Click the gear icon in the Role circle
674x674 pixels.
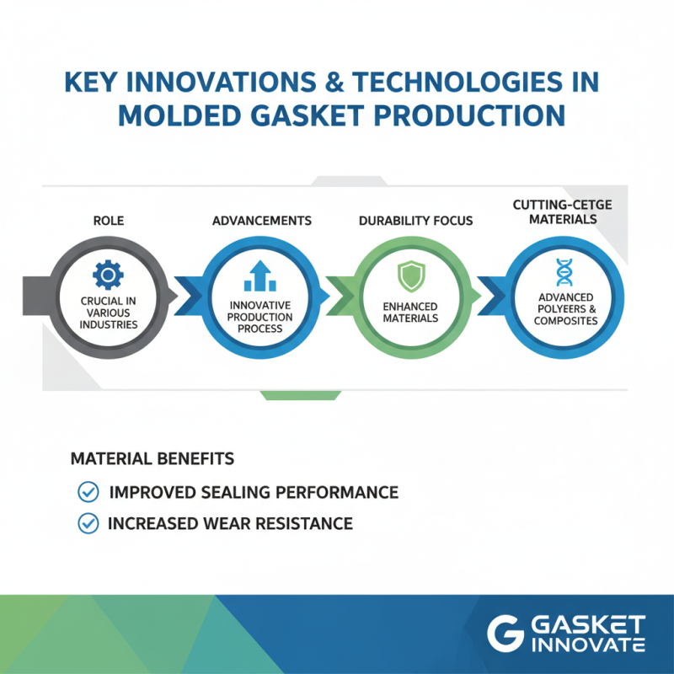click(x=108, y=275)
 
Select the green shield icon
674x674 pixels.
click(x=410, y=275)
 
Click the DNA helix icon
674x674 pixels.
click(x=564, y=273)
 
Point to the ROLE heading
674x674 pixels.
click(x=108, y=221)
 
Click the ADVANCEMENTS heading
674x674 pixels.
click(x=261, y=221)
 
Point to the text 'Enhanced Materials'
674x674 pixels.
click(x=410, y=312)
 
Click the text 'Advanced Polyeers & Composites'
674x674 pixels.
click(x=564, y=309)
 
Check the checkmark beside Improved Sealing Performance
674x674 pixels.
click(x=87, y=492)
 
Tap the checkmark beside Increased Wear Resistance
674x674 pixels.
click(x=87, y=523)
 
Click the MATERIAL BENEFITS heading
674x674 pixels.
click(x=152, y=459)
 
